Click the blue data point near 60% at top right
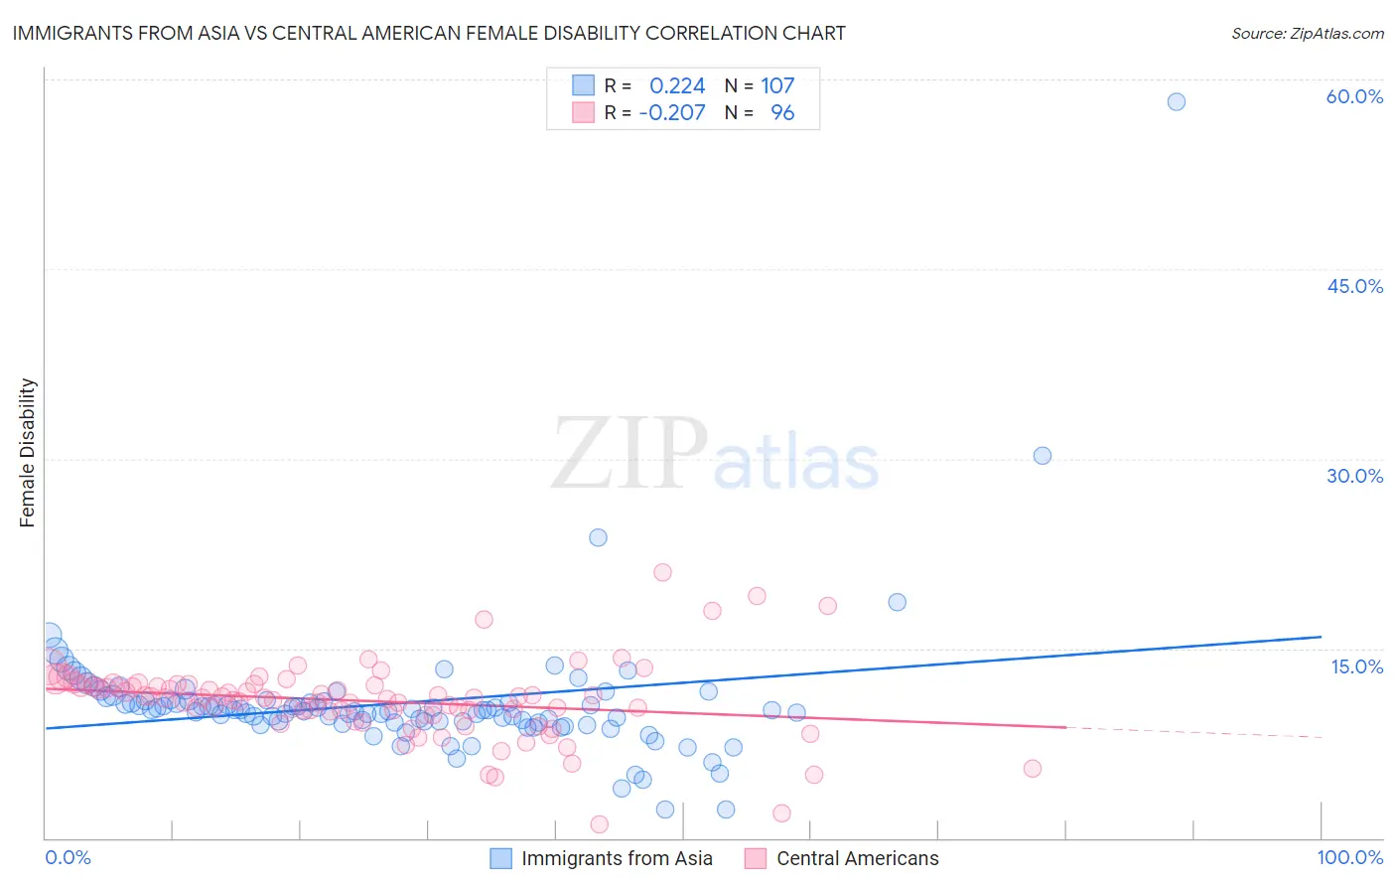[1177, 101]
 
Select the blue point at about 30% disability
[1043, 456]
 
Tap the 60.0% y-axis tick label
[1354, 96]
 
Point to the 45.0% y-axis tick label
[1354, 286]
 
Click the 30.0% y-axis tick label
[1354, 476]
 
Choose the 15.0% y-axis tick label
[1356, 666]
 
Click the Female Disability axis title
[28, 453]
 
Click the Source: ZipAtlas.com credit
[1307, 33]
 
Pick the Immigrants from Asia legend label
[617, 859]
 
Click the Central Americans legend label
[857, 859]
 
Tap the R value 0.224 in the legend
[677, 86]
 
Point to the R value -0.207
[672, 113]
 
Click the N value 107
[777, 86]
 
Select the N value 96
[782, 113]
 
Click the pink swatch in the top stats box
[583, 112]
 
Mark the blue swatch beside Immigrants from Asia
[501, 859]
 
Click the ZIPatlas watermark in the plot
[715, 454]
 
